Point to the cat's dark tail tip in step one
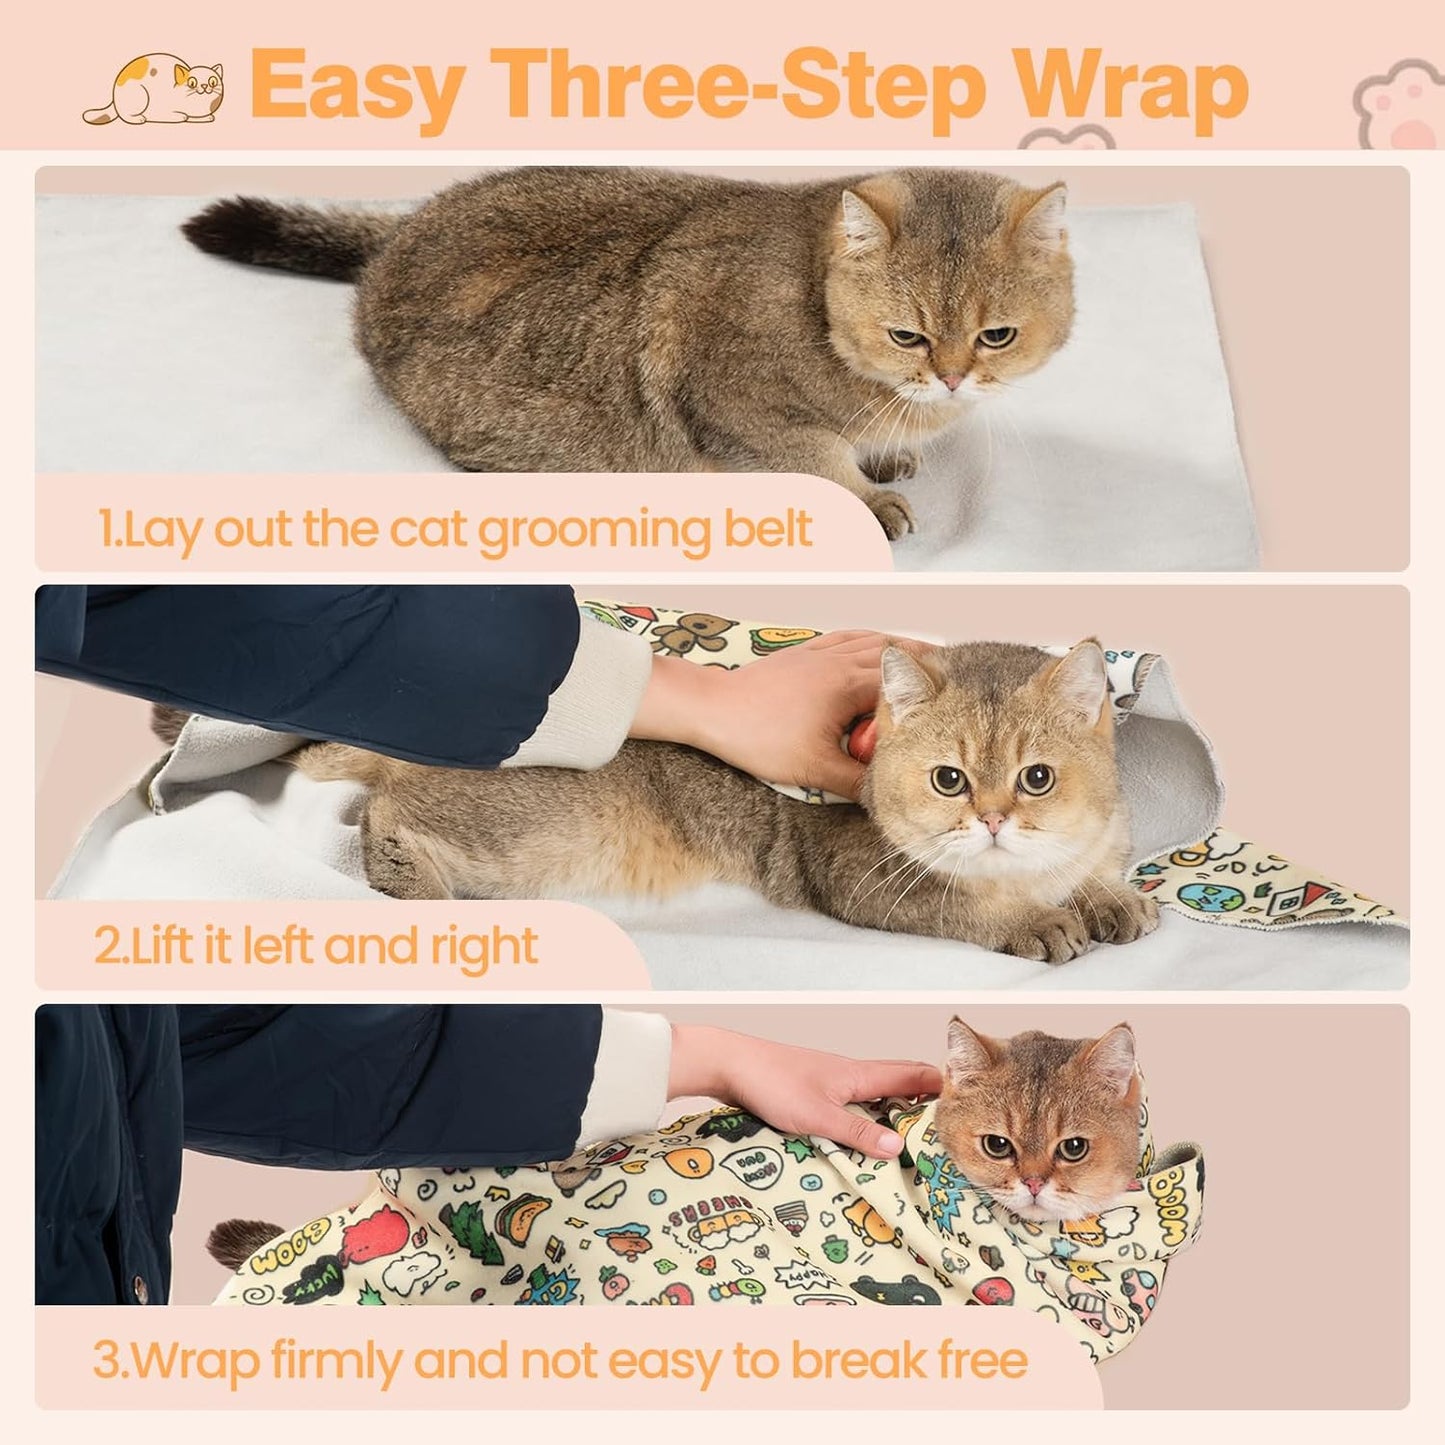click(x=215, y=226)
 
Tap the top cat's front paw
click(x=889, y=510)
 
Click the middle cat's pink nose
click(x=991, y=821)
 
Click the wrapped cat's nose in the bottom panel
click(x=1034, y=1185)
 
